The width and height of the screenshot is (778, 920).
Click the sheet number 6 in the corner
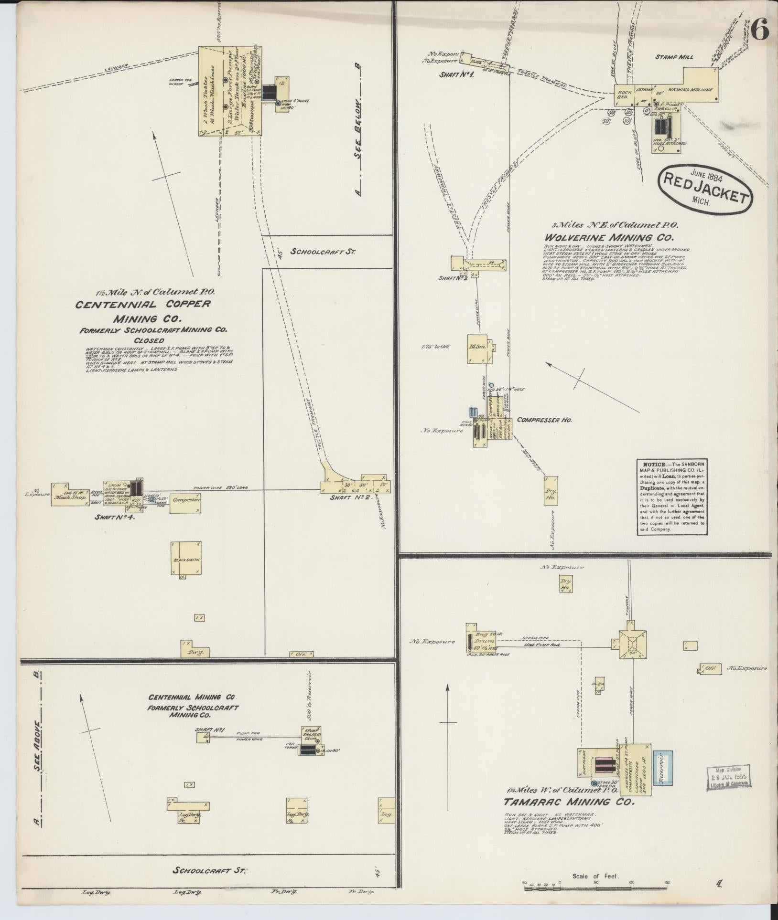point(758,31)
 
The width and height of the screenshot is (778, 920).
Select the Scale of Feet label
point(595,876)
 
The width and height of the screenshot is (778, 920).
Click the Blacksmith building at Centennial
point(186,560)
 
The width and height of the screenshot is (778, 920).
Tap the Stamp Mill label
point(681,57)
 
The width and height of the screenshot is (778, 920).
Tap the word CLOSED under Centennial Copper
point(149,340)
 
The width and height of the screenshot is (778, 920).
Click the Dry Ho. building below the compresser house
point(551,493)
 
